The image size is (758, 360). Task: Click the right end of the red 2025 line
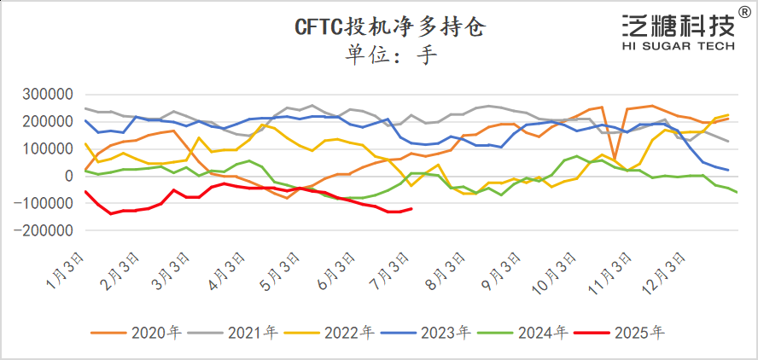point(411,208)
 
